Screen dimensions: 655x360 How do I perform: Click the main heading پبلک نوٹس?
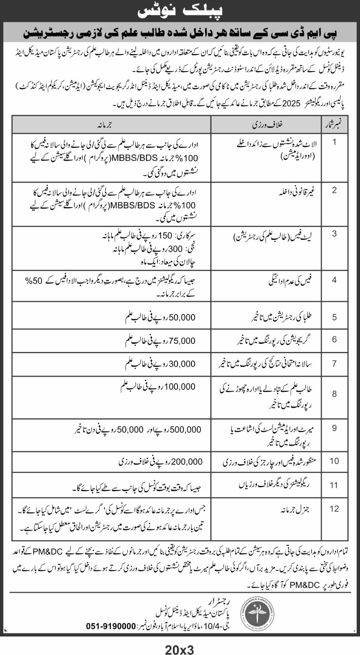(x=180, y=11)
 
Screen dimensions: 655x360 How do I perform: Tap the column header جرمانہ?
(x=112, y=125)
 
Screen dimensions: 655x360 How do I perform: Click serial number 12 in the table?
(x=334, y=508)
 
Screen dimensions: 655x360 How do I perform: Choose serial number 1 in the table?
(x=334, y=142)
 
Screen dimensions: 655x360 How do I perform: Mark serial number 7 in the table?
(x=334, y=364)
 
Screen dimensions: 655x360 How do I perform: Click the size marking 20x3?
(x=180, y=649)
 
